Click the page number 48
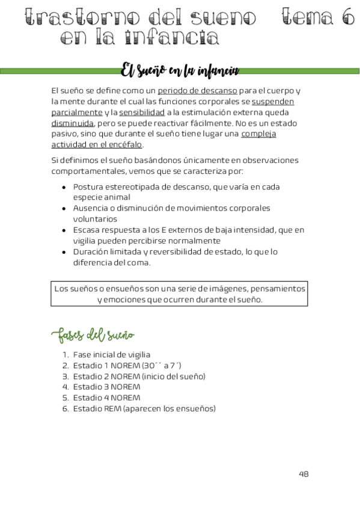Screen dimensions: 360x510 click(304, 474)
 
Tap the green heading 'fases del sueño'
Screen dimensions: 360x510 click(93, 334)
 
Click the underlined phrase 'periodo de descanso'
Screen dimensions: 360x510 click(197, 91)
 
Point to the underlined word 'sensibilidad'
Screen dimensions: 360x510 click(142, 112)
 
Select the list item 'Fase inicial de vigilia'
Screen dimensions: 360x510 click(111, 355)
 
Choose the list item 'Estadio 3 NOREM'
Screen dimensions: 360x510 click(106, 387)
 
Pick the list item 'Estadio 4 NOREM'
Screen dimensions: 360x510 click(106, 398)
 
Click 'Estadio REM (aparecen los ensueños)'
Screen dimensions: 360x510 click(144, 409)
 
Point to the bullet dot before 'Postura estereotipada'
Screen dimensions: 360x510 click(65, 187)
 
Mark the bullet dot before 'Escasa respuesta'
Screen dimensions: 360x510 click(65, 230)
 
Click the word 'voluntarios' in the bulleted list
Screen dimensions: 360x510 click(95, 219)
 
